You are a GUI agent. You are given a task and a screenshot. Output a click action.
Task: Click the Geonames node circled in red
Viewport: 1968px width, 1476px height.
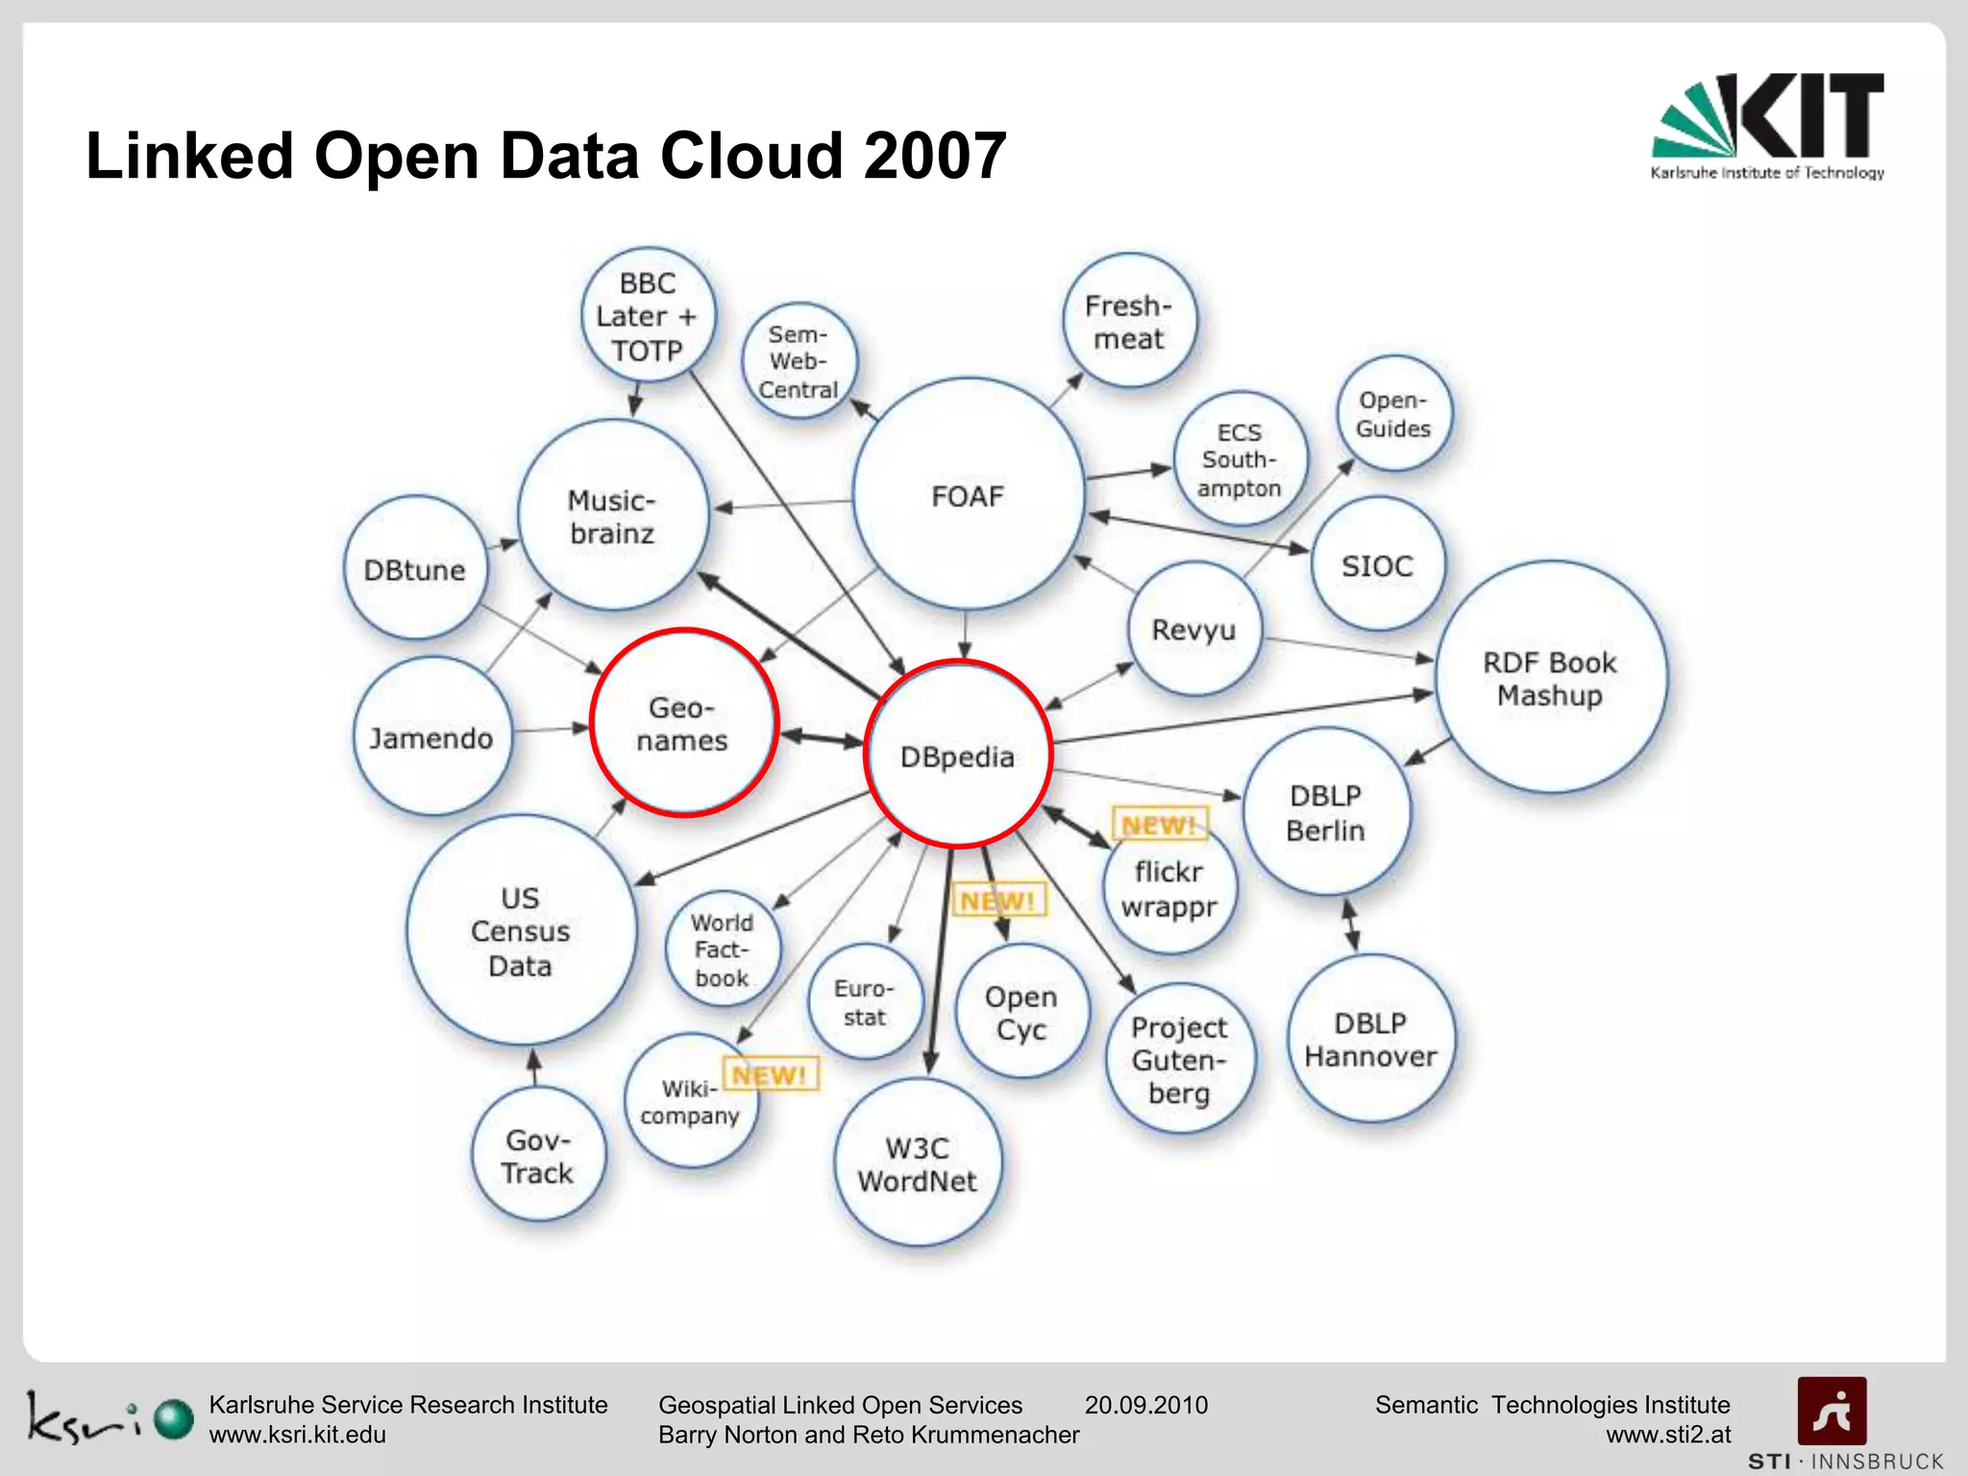pyautogui.click(x=683, y=723)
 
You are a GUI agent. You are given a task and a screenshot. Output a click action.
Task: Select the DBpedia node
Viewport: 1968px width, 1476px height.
pyautogui.click(x=958, y=754)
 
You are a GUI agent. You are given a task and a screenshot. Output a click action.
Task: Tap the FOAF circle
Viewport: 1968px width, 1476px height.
pyautogui.click(x=968, y=495)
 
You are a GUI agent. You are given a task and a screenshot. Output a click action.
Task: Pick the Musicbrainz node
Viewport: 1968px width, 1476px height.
pyautogui.click(x=613, y=516)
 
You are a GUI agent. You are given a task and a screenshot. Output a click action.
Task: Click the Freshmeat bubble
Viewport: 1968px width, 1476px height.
pyautogui.click(x=1129, y=321)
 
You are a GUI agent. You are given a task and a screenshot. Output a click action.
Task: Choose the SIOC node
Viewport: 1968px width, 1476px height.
pyautogui.click(x=1377, y=565)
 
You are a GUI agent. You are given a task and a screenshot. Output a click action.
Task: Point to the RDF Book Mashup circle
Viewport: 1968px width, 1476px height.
pyautogui.click(x=1550, y=677)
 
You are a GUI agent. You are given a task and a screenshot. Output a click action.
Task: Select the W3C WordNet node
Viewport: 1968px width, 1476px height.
pyautogui.click(x=918, y=1163)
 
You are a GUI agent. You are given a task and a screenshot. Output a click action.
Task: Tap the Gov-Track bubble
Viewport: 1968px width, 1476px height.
pyautogui.click(x=538, y=1155)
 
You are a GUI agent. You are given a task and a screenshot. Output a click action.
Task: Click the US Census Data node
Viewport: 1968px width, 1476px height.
pyautogui.click(x=521, y=930)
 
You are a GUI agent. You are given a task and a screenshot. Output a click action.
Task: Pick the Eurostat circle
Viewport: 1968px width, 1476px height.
pyautogui.click(x=865, y=1002)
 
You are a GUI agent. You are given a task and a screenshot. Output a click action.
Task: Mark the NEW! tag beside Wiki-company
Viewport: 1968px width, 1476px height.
pyautogui.click(x=771, y=1074)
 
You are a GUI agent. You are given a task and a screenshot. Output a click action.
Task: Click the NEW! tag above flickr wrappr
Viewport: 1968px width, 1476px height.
pyautogui.click(x=1159, y=824)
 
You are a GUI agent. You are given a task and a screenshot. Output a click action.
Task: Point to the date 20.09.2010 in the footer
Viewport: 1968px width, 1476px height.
pyautogui.click(x=1145, y=1405)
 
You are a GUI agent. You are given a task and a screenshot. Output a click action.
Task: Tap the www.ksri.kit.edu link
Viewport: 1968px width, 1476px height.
pyautogui.click(x=298, y=1435)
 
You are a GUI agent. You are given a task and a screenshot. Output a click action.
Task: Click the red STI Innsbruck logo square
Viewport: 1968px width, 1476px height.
pyautogui.click(x=1832, y=1411)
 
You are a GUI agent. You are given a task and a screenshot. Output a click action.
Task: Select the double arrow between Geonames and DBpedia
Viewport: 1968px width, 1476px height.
pyautogui.click(x=822, y=739)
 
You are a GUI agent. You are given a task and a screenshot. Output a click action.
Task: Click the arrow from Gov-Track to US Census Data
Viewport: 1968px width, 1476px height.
pyautogui.click(x=535, y=1068)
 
